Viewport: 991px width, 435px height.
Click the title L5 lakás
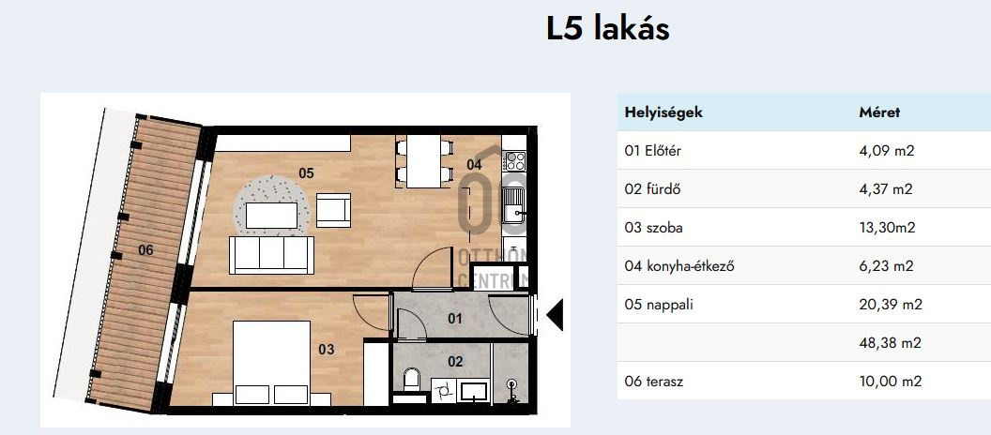(607, 29)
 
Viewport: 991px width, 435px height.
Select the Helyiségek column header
(663, 112)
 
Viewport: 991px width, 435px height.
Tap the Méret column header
(879, 112)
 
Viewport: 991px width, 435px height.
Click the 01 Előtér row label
(653, 151)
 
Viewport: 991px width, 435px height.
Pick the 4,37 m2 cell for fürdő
(886, 189)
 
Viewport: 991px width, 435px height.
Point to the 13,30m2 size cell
(887, 228)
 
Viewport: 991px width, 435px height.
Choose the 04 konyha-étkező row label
(679, 266)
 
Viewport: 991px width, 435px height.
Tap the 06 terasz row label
(653, 382)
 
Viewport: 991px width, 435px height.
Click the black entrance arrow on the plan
(555, 314)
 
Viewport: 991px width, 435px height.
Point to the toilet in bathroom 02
(411, 380)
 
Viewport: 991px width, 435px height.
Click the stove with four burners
(514, 161)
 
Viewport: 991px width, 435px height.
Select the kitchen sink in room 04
(514, 206)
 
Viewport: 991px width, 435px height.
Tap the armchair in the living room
(333, 210)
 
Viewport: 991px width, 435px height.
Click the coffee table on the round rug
(271, 216)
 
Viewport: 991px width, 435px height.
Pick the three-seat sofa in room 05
(272, 255)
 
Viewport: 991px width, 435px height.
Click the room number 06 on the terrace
(145, 250)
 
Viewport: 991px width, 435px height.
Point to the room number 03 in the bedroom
(327, 349)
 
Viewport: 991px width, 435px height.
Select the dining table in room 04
(423, 161)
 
